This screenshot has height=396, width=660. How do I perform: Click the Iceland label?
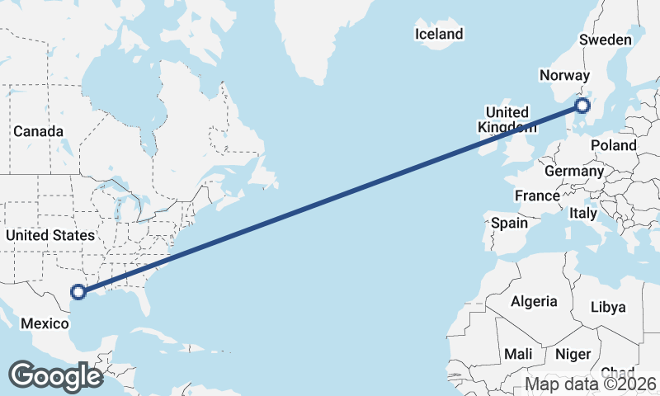[x=439, y=35]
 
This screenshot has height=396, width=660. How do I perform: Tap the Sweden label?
[x=606, y=40]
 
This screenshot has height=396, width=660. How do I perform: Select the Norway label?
[x=564, y=76]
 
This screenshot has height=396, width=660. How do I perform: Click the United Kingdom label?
[x=507, y=120]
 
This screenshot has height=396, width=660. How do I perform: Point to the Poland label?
[x=614, y=145]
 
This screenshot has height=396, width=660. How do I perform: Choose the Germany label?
[x=574, y=172]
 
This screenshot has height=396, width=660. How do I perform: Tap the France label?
[x=537, y=196]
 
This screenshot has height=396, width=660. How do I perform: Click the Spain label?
[x=509, y=223]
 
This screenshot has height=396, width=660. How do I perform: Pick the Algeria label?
[x=534, y=301]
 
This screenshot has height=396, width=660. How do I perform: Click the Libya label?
[x=609, y=307]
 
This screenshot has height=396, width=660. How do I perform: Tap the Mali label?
[x=518, y=353]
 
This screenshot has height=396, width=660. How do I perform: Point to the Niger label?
[x=573, y=354]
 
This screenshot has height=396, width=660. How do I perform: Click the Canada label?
[x=38, y=131]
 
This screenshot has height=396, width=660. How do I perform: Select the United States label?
[x=49, y=235]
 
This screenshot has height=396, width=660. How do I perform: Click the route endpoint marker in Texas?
[x=78, y=291]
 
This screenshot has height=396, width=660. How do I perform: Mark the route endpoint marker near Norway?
[x=582, y=106]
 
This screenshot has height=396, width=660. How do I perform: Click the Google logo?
[x=55, y=375]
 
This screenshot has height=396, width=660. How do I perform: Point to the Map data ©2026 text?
[x=591, y=384]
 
